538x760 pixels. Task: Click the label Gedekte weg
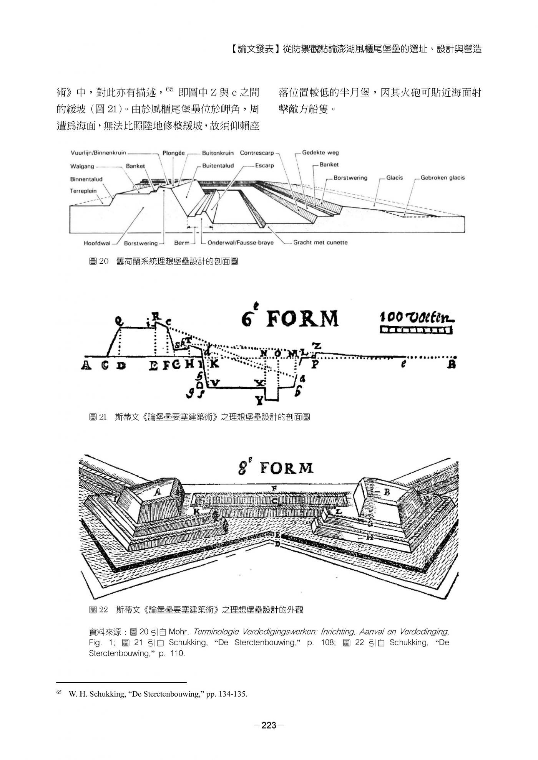tap(320, 153)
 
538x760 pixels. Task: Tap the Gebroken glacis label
tap(442, 178)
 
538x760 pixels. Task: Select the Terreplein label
tap(83, 191)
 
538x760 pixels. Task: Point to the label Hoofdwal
tap(97, 243)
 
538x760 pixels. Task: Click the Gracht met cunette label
tap(320, 243)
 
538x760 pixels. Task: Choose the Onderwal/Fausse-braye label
tap(240, 243)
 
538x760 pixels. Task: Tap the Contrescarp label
tap(257, 153)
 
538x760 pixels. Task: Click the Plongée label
tap(173, 153)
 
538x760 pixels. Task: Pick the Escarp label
tap(264, 166)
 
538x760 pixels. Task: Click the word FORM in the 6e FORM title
tap(302, 319)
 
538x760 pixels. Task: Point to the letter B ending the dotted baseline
tap(452, 364)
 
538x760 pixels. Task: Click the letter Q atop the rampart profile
tap(120, 320)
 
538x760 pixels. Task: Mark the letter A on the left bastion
tap(158, 491)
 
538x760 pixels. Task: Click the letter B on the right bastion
tap(387, 492)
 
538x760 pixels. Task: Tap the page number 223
tap(269, 725)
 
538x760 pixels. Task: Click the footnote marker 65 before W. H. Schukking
tap(59, 692)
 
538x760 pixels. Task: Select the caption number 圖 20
tap(99, 262)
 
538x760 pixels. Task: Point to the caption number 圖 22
tap(98, 610)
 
